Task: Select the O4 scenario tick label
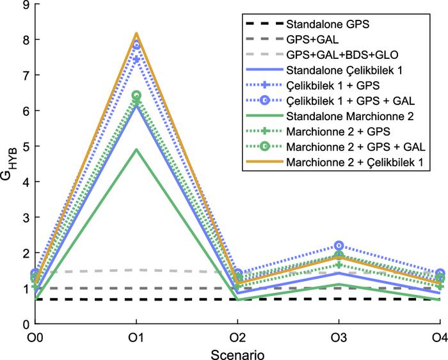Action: point(439,338)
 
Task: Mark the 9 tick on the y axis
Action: point(26,6)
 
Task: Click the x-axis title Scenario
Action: point(237,352)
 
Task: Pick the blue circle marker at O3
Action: point(339,246)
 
